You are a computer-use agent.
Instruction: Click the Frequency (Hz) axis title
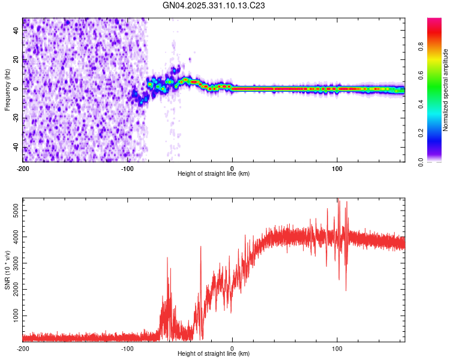coord(7,89)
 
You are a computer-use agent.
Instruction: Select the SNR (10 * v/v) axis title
coord(7,270)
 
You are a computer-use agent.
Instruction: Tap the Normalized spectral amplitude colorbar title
coord(446,90)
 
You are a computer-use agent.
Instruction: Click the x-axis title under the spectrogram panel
coord(214,174)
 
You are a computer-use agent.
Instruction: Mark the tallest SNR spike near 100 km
coord(338,200)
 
